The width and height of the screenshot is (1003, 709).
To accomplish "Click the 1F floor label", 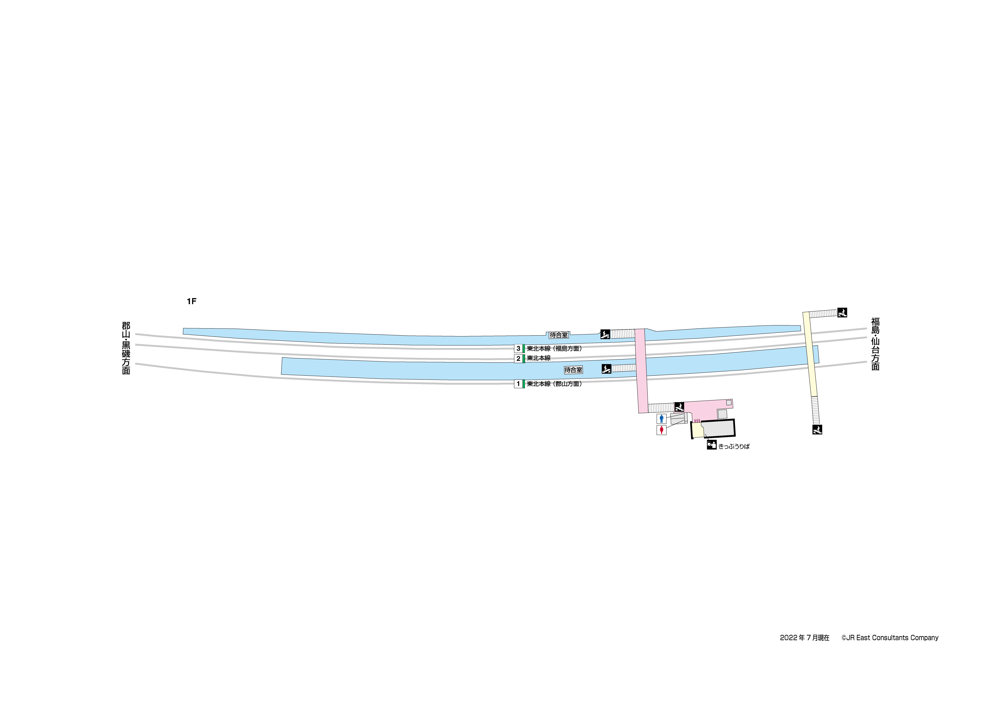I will [x=191, y=301].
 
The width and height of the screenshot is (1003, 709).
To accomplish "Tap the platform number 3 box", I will [x=518, y=349].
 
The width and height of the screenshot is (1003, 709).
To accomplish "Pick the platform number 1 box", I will [x=518, y=384].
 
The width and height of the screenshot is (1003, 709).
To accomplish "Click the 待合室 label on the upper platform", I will [x=559, y=335].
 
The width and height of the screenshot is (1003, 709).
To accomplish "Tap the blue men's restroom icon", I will [x=661, y=419].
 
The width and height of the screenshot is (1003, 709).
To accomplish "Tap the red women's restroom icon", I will [x=661, y=430].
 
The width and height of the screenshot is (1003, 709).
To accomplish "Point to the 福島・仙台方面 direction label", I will [x=876, y=344].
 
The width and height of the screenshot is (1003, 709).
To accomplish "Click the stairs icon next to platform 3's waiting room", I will [x=605, y=335].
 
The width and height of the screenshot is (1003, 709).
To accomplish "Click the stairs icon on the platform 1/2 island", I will [x=606, y=369].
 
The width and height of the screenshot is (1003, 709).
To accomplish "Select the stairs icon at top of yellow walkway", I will [x=842, y=312].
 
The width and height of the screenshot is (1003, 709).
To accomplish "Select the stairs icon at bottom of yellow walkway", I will [x=817, y=430].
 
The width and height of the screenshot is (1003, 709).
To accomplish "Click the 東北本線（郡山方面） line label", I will [x=554, y=384].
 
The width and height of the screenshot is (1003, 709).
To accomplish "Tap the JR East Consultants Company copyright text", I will [x=890, y=638].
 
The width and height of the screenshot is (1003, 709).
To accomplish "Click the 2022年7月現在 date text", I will [x=805, y=638].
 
